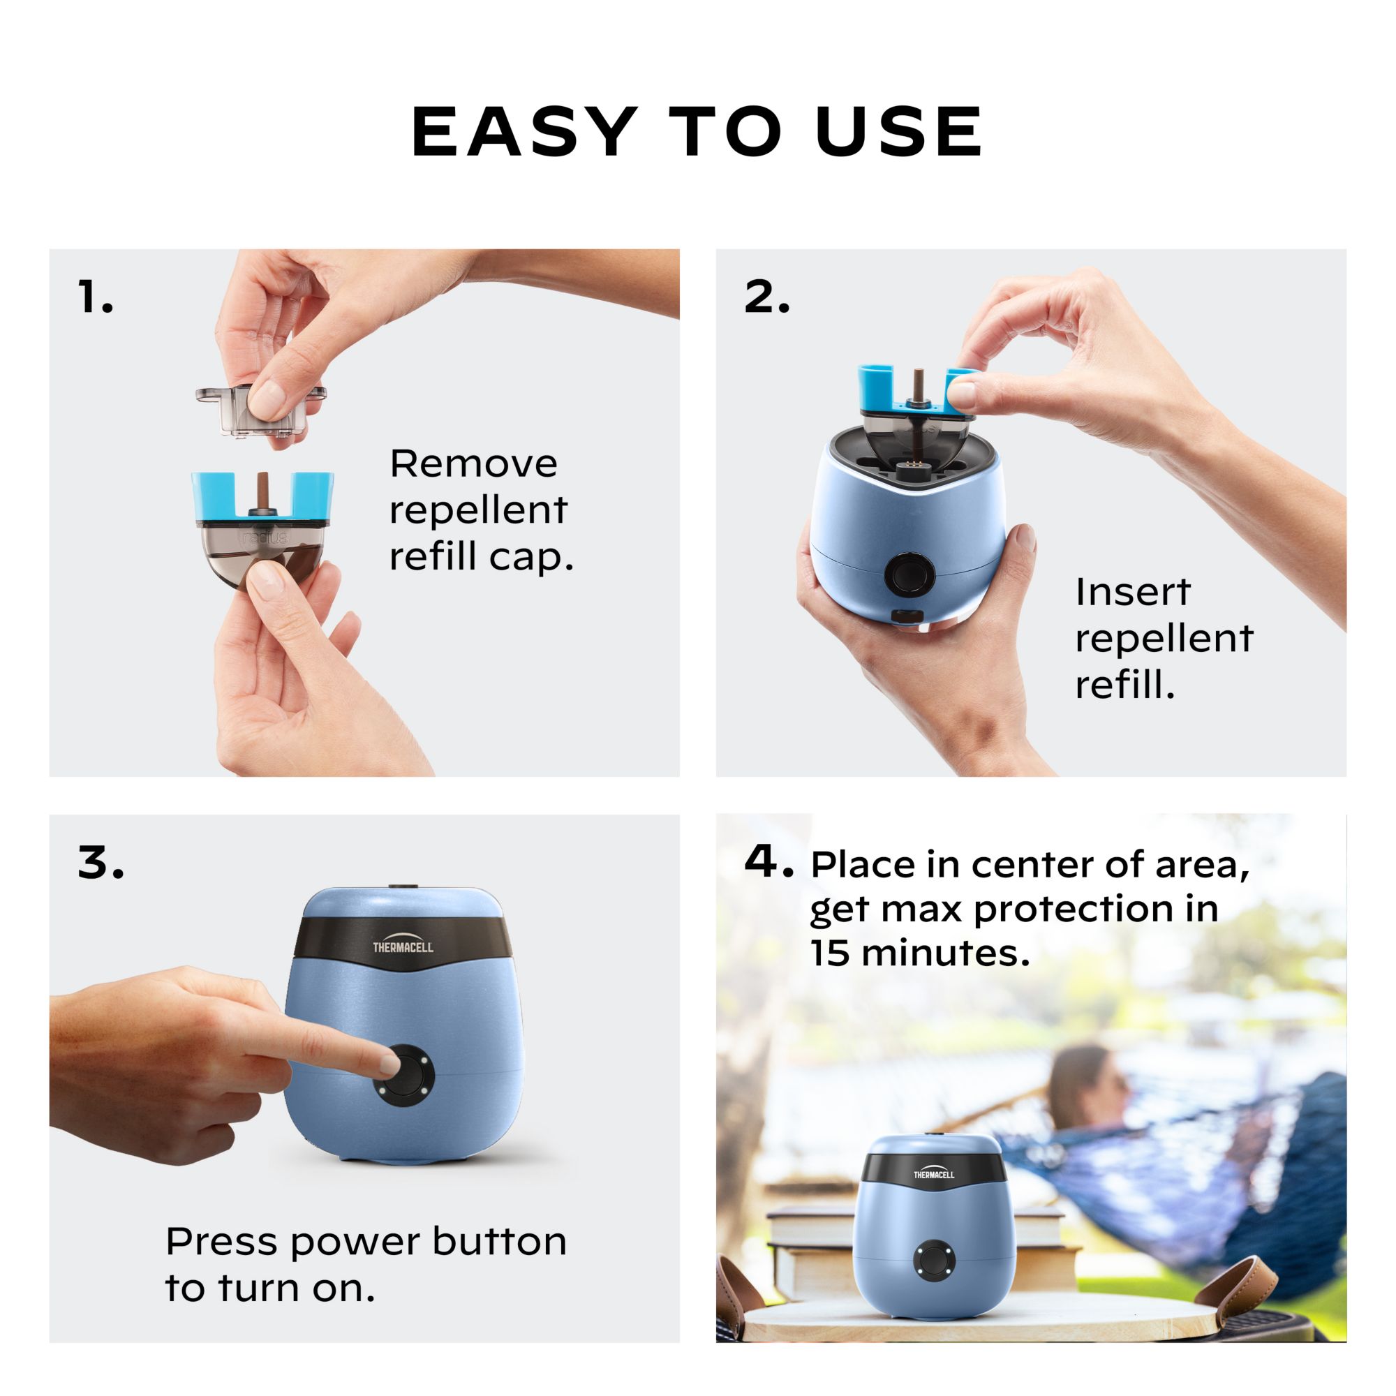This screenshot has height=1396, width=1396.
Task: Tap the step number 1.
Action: coord(95,297)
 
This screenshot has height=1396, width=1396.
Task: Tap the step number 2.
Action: coord(766,297)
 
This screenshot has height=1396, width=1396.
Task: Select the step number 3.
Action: coord(101,863)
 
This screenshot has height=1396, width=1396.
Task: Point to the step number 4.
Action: coord(767,862)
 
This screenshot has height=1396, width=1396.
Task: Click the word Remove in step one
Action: coord(473,463)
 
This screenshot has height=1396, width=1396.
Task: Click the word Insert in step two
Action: coord(1132,593)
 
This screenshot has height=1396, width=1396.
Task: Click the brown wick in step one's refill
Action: coord(262,491)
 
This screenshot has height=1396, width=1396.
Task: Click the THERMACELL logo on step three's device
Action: coord(403,947)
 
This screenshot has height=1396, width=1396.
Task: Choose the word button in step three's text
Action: coord(499,1242)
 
